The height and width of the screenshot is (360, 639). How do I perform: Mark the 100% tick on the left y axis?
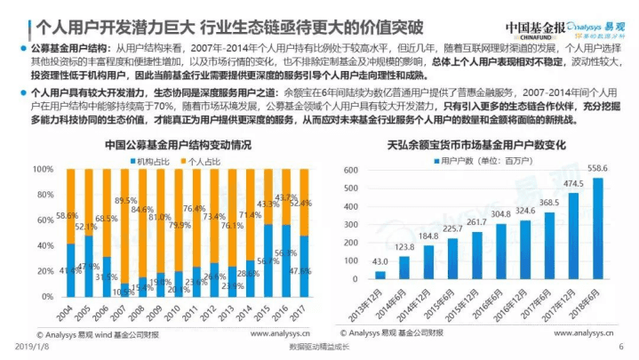click(x=44, y=168)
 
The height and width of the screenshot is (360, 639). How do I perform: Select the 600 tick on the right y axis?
click(x=355, y=168)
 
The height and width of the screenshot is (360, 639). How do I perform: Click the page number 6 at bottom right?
click(x=621, y=347)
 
